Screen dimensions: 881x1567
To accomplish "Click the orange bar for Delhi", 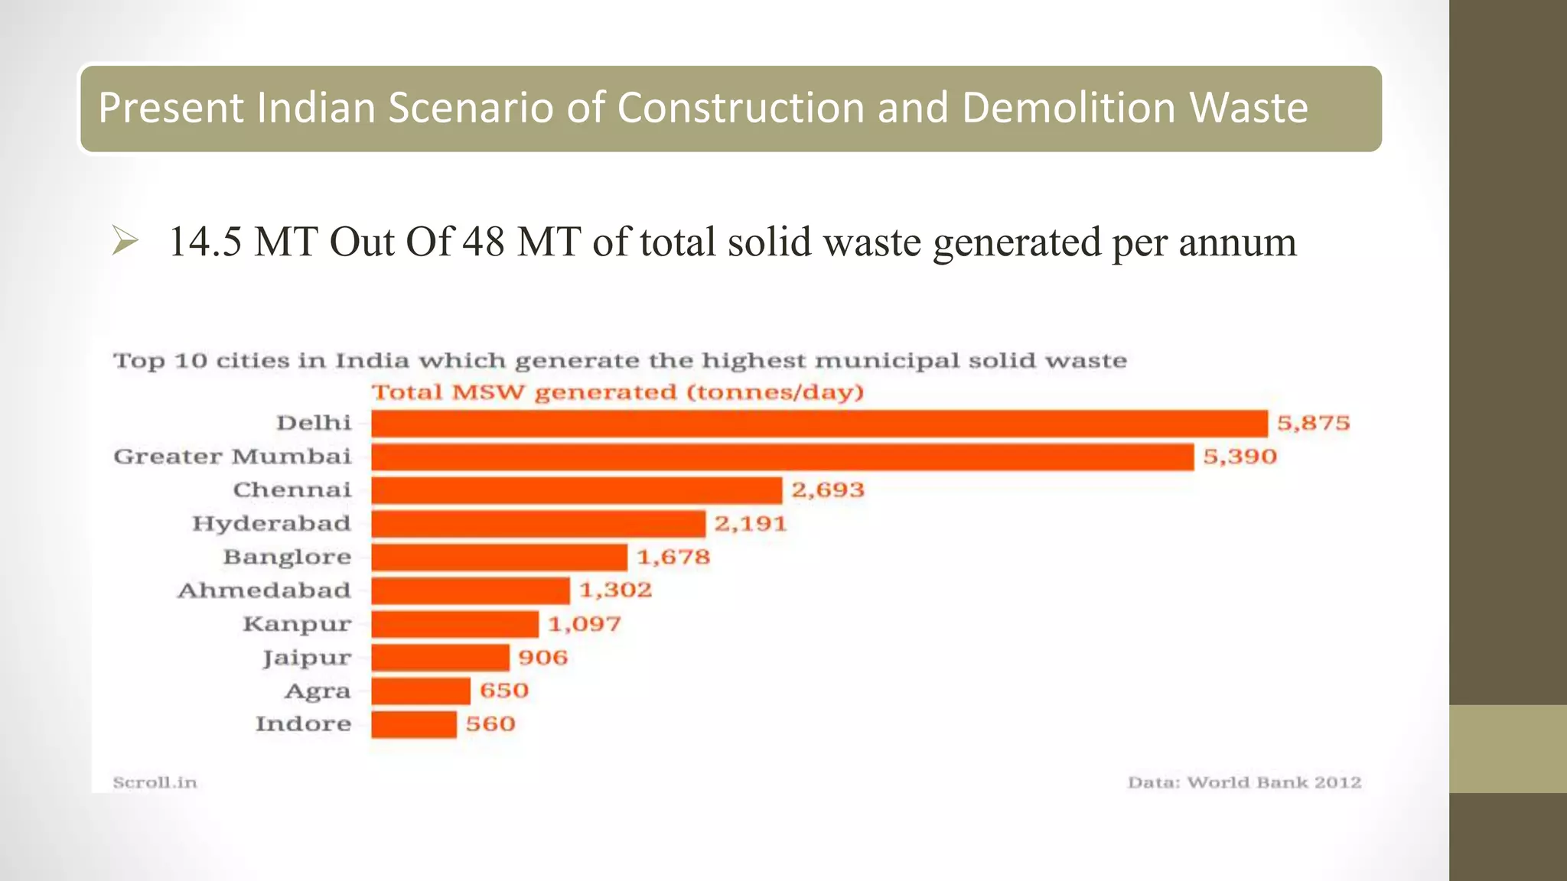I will point(819,423).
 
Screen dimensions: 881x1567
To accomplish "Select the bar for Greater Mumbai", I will point(782,457).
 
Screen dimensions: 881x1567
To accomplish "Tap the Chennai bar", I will point(576,490).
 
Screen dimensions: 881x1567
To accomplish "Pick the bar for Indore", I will point(414,724).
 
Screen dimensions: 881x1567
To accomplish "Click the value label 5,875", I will point(1313,423).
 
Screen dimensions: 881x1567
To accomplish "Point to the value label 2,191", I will point(750,524).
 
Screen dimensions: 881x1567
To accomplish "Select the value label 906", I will point(542,658).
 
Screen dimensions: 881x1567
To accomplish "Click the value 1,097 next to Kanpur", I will point(584,624).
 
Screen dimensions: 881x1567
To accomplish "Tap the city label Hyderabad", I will point(271,524).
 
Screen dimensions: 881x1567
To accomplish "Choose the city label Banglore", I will point(287,557).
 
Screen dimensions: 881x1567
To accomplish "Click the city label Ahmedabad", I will point(264,590).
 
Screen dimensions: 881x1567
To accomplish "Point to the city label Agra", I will point(318,691).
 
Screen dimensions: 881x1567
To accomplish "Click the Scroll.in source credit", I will point(155,782).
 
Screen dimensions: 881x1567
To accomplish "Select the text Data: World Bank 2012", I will point(1244,782).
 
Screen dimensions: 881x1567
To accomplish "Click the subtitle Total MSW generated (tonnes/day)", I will point(617,392).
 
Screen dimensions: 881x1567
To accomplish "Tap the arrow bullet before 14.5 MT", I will point(125,241).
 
